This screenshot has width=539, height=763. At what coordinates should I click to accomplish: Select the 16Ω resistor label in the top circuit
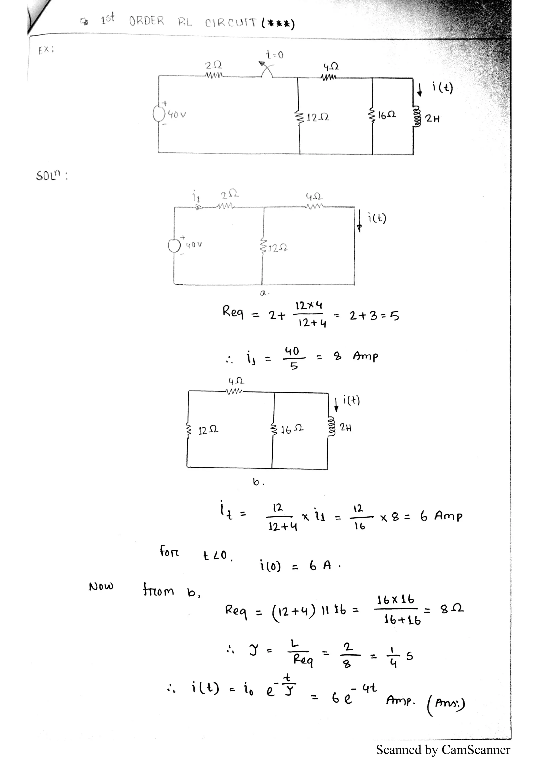click(x=387, y=115)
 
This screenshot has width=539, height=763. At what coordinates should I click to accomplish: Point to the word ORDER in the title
click(x=146, y=21)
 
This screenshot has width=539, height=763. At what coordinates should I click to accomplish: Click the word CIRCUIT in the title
click(x=231, y=23)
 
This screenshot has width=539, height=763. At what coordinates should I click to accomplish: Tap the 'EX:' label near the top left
click(x=46, y=50)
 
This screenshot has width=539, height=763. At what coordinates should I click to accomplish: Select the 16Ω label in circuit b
click(x=292, y=430)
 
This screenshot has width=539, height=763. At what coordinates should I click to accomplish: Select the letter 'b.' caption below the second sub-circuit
click(x=258, y=482)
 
